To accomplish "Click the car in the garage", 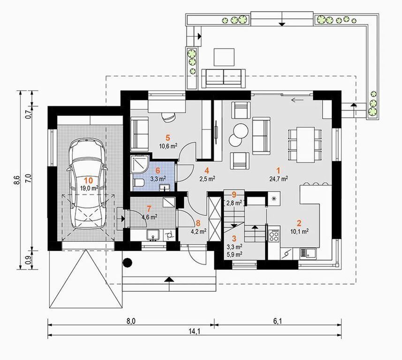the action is point(87,184).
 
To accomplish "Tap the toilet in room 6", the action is point(138,183).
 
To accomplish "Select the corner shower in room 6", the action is point(139,164).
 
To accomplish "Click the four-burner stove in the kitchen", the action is point(273,235).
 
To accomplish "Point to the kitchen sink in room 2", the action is point(308,253).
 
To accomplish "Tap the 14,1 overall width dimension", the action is point(194,331).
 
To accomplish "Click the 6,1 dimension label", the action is point(278,321).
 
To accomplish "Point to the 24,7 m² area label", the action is point(279,179).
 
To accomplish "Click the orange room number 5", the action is point(167,138).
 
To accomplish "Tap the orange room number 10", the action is point(89,180).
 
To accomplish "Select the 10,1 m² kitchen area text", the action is point(299,232).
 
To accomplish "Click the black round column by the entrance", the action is point(128,262).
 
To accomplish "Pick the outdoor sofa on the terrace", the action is point(223,78).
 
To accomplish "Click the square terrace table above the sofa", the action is point(224,57).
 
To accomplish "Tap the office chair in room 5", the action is point(168,117).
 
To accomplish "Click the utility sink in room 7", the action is point(153,235).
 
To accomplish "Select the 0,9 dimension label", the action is point(29,260).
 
